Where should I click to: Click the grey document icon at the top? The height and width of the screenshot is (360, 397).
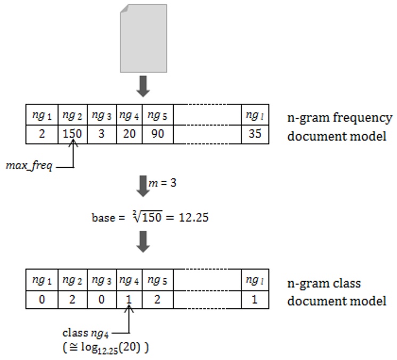[143, 38]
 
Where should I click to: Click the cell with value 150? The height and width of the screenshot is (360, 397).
[71, 134]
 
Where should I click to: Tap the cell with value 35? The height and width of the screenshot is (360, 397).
[255, 134]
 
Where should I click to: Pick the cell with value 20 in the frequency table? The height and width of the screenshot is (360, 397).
[128, 134]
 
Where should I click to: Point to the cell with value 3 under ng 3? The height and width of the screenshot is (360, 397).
[100, 134]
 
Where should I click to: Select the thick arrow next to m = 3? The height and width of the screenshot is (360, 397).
[143, 184]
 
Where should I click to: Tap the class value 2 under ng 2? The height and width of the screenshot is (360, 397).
[71, 299]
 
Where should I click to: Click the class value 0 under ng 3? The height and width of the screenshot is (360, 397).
[100, 299]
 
